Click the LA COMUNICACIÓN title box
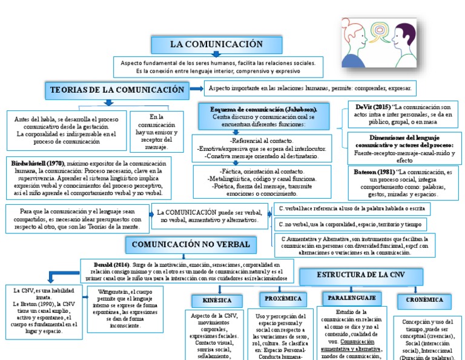tap(216, 44)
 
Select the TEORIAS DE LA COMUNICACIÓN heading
tap(117, 90)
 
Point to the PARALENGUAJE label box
tap(352, 298)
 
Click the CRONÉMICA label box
tap(424, 299)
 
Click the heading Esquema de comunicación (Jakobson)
tap(263, 108)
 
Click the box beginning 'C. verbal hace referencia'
tap(352, 208)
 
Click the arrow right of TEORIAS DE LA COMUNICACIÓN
tap(196, 89)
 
